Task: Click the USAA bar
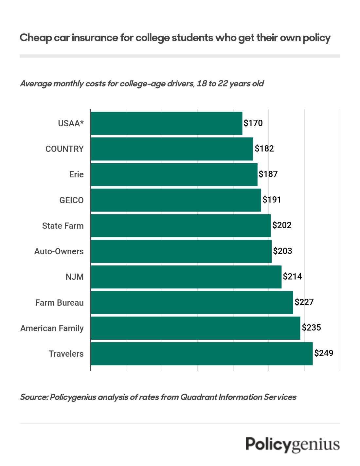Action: pyautogui.click(x=166, y=123)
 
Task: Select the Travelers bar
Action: pyautogui.click(x=201, y=354)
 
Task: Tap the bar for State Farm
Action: pyautogui.click(x=181, y=226)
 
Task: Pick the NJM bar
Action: pyautogui.click(x=186, y=277)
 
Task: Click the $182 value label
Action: pyautogui.click(x=264, y=149)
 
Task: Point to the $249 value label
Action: pyautogui.click(x=324, y=353)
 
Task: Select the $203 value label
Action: pyautogui.click(x=282, y=251)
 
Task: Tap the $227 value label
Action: pyautogui.click(x=304, y=302)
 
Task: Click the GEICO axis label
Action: pyautogui.click(x=71, y=200)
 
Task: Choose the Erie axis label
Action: pyautogui.click(x=76, y=174)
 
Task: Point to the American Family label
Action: pyautogui.click(x=52, y=328)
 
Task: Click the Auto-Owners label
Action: pyautogui.click(x=59, y=251)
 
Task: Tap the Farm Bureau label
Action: pyautogui.click(x=60, y=303)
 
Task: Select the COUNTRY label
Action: pyautogui.click(x=64, y=149)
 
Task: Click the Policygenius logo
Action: pyautogui.click(x=293, y=445)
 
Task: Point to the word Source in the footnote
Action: pyautogui.click(x=34, y=397)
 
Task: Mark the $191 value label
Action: pyautogui.click(x=272, y=200)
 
